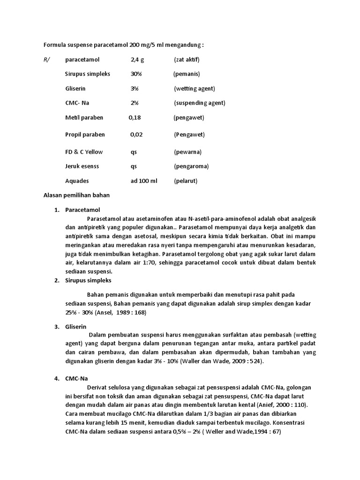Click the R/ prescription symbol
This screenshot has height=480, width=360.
[46, 60]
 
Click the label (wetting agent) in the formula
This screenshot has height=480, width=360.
[194, 89]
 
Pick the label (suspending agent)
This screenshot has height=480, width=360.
[199, 103]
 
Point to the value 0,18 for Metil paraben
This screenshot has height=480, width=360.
[135, 118]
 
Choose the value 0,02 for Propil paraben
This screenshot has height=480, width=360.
[137, 135]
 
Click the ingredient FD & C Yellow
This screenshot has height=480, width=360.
[84, 152]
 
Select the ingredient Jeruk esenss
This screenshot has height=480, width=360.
[82, 166]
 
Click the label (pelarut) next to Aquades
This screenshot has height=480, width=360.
[186, 181]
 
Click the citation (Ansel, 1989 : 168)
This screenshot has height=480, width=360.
[113, 312]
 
